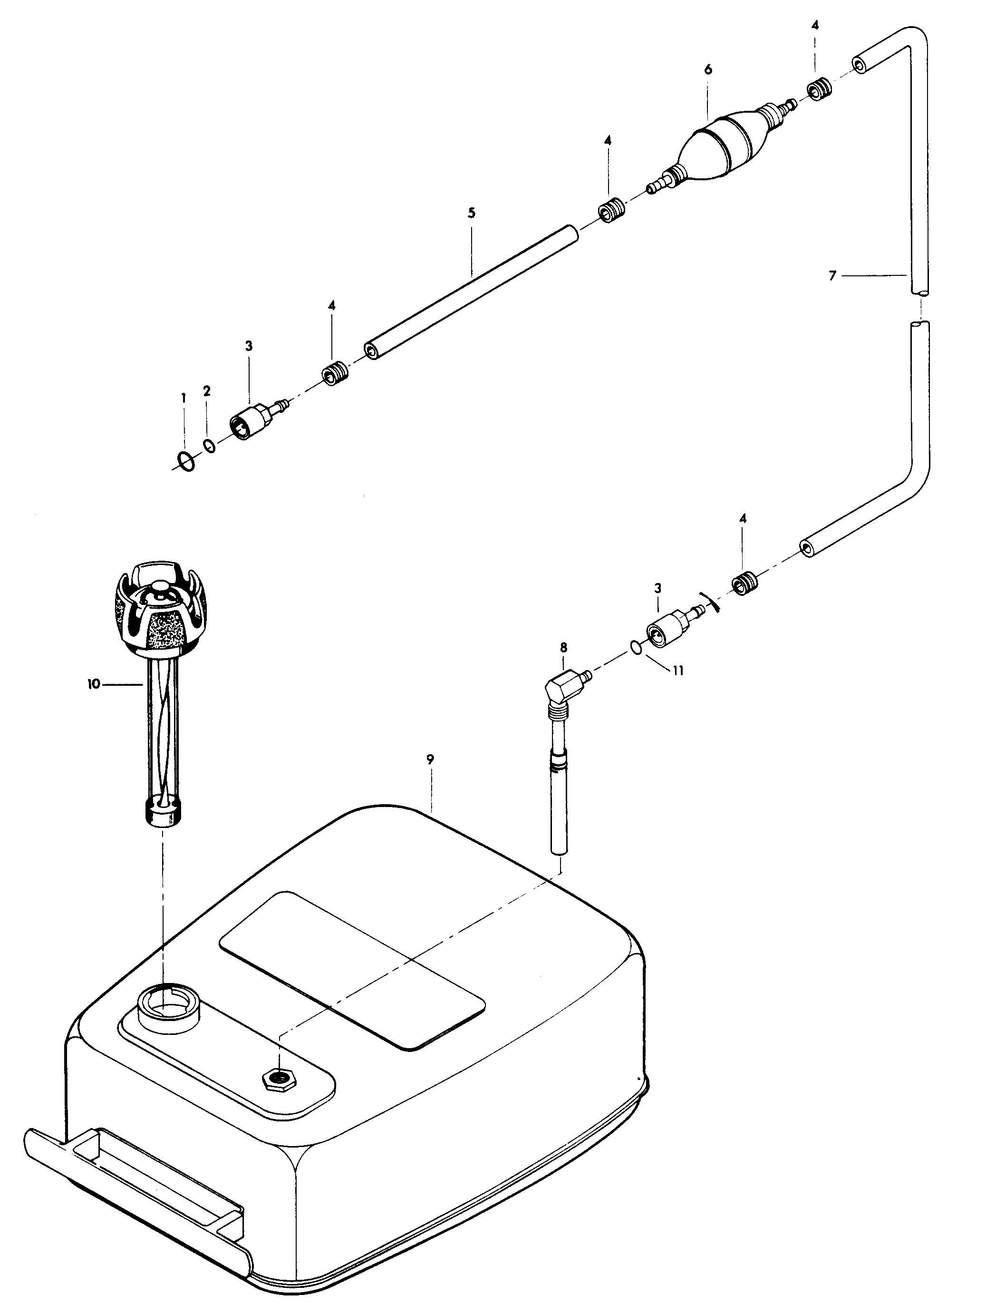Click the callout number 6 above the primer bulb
[x=708, y=69]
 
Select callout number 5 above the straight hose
[x=472, y=213]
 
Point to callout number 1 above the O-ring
[x=184, y=398]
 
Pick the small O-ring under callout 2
[x=210, y=445]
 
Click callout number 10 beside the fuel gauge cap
[x=93, y=684]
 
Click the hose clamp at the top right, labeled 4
[x=819, y=89]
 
